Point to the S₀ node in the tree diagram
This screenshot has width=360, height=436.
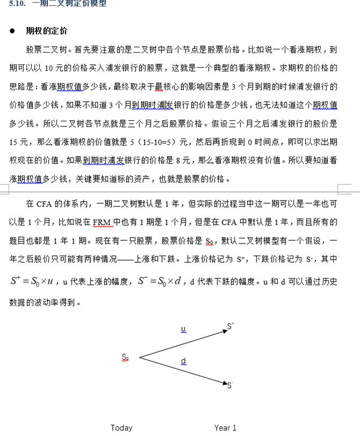[x=125, y=357]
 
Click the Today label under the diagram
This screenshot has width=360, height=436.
[x=121, y=427]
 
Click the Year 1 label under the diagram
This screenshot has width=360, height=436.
[x=225, y=427]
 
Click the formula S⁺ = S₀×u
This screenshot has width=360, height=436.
[x=32, y=281]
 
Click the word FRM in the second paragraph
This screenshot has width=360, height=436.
[x=101, y=222]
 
